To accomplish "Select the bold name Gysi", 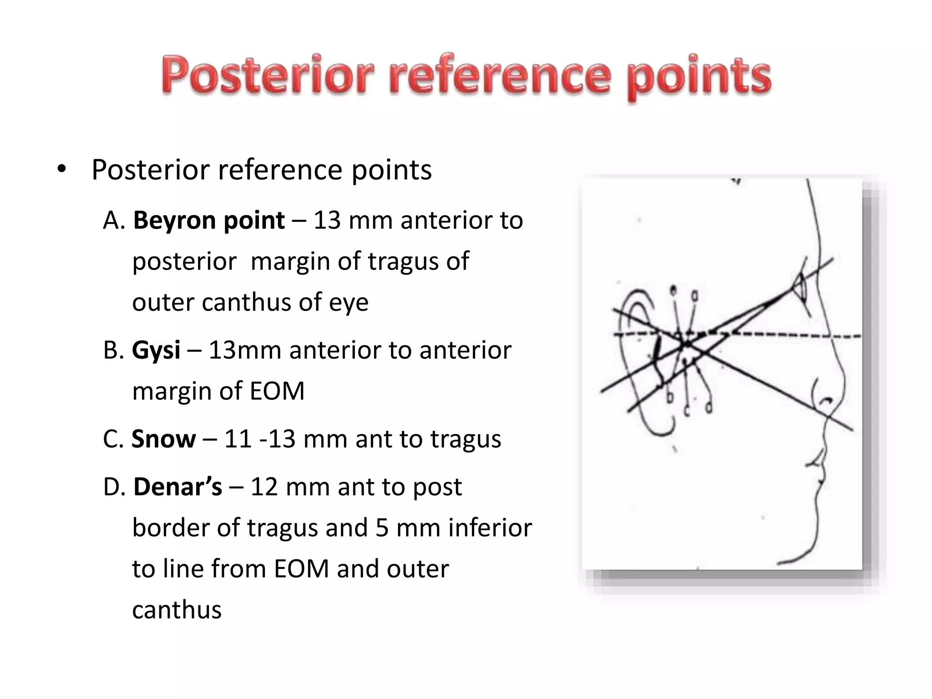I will [x=156, y=350].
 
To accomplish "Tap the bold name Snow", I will [x=163, y=439].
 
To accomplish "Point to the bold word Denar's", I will [x=177, y=487].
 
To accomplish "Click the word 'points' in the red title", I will [x=699, y=77].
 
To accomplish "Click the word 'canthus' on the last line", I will [x=177, y=610].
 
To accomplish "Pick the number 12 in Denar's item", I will [x=264, y=487].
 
